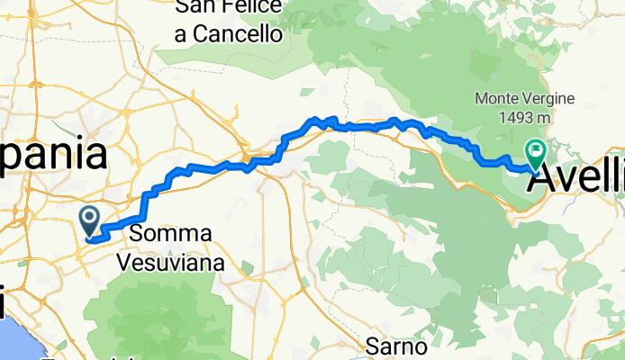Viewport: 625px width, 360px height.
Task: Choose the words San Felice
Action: [230, 8]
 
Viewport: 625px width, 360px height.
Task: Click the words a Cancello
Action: [230, 34]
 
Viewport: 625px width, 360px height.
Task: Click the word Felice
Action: [254, 8]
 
